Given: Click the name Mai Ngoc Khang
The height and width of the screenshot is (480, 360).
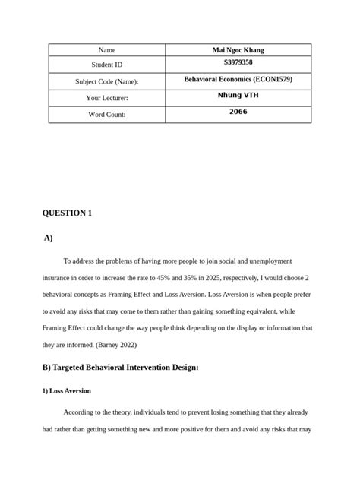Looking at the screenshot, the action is click(x=238, y=50).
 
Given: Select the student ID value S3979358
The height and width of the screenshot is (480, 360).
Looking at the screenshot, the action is click(x=238, y=63).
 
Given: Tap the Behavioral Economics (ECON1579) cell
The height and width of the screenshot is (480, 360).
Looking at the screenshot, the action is click(x=238, y=79).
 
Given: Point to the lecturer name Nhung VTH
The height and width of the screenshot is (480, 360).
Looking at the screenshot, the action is click(x=238, y=96).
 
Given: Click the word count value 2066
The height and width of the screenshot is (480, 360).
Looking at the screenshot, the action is click(x=238, y=112).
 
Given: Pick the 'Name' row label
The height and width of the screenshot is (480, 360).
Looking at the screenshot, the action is click(x=107, y=50).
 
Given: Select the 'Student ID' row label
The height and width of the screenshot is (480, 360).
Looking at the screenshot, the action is click(x=107, y=65).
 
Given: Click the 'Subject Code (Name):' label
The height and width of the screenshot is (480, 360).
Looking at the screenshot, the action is click(x=107, y=81).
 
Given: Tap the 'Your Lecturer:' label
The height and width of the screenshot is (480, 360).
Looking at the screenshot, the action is click(x=107, y=98).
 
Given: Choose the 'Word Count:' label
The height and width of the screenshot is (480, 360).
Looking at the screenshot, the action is click(x=107, y=115).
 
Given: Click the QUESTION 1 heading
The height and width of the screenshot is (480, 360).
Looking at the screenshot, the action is click(x=67, y=213).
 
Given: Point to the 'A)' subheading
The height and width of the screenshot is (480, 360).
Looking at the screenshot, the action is click(x=48, y=238).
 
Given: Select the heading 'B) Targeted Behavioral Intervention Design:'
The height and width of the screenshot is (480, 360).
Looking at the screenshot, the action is click(x=120, y=368).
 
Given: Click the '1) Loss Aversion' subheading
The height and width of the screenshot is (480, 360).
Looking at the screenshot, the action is click(x=67, y=391).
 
